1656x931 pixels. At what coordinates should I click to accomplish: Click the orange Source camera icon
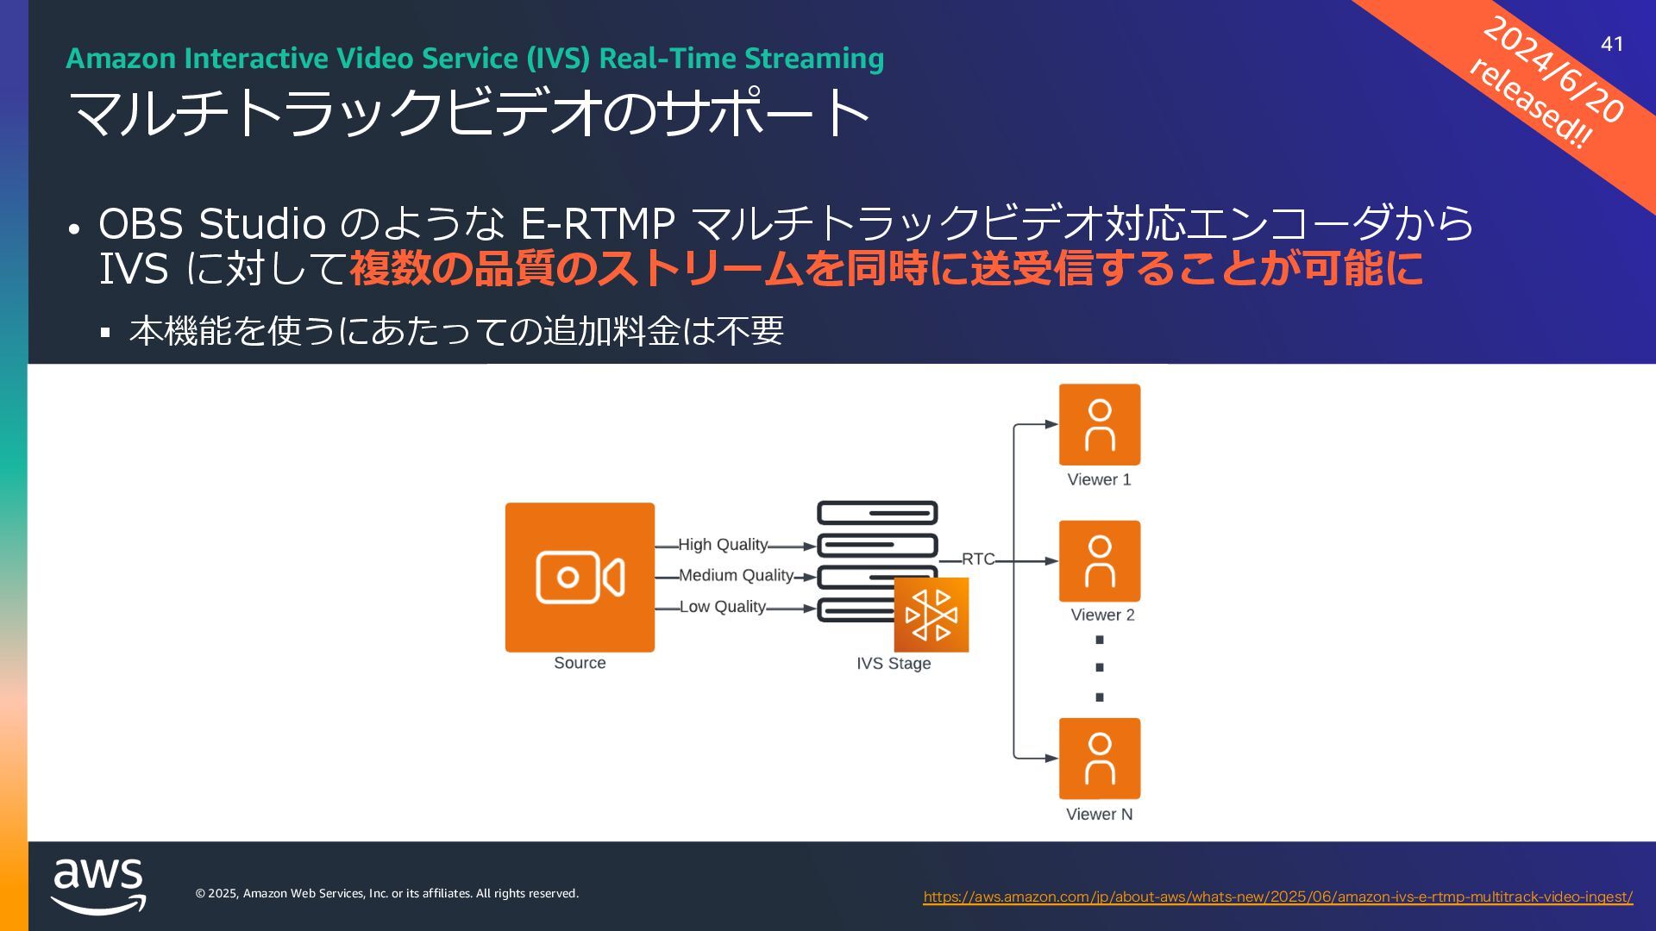tap(580, 577)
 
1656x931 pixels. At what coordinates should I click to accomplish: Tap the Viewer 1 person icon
tap(1099, 424)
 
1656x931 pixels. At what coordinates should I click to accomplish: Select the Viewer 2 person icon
tap(1099, 560)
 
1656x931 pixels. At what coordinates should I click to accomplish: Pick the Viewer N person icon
tap(1099, 758)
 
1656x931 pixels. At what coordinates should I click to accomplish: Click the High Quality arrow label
tap(723, 545)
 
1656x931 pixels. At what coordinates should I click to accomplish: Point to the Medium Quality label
tap(736, 576)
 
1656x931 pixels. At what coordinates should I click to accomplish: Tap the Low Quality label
tap(723, 607)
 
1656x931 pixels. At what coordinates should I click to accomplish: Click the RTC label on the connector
tap(978, 559)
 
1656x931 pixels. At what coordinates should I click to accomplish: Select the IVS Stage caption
tap(894, 664)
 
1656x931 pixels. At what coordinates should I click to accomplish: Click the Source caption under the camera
tap(580, 663)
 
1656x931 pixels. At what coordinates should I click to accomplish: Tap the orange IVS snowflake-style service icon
tap(931, 615)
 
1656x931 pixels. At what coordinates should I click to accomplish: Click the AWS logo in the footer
tap(98, 885)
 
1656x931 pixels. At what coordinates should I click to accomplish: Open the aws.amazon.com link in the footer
tap(1277, 897)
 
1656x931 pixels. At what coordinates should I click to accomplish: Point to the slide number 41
tap(1612, 44)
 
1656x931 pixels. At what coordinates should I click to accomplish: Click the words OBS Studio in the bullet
tap(212, 224)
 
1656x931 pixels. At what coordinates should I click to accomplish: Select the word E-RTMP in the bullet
tap(597, 224)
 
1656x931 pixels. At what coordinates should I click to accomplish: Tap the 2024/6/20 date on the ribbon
tap(1553, 70)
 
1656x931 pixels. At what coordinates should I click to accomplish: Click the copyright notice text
tap(387, 894)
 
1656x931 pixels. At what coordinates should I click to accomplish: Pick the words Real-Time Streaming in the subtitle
tap(741, 59)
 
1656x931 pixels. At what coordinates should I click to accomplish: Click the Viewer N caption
tap(1099, 815)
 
